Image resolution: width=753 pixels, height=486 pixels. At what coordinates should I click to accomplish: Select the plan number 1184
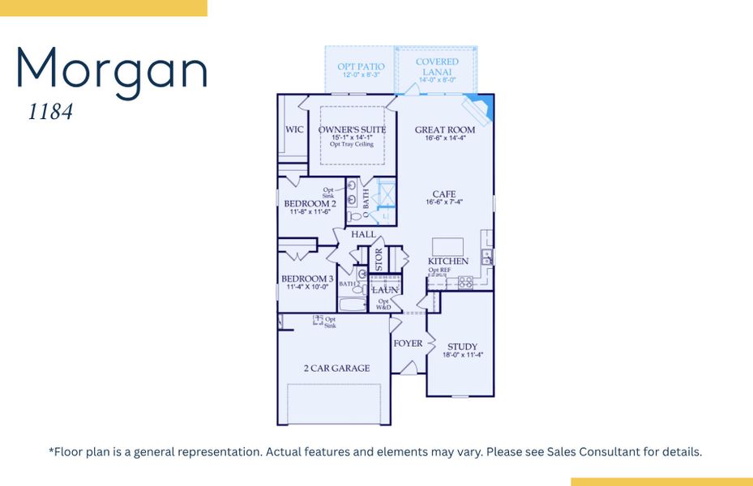[x=50, y=113]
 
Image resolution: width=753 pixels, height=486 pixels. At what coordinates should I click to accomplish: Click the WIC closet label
[x=293, y=130]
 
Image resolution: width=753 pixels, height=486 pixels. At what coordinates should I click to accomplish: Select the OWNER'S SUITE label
[x=352, y=130]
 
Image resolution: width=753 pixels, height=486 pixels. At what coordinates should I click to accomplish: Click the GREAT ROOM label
[x=445, y=130]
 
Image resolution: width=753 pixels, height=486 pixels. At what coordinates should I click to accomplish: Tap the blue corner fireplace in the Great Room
[x=480, y=109]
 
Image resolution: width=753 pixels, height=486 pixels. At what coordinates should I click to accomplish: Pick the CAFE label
[x=443, y=194]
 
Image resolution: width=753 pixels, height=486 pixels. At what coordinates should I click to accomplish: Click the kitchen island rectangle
[x=448, y=246]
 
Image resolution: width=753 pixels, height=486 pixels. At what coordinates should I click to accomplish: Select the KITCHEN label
[x=448, y=262]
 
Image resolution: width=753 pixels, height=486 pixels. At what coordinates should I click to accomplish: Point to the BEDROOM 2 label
[x=310, y=203]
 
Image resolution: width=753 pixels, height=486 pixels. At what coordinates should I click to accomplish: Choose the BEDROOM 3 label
[x=307, y=279]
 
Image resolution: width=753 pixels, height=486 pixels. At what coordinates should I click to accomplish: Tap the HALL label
[x=363, y=234]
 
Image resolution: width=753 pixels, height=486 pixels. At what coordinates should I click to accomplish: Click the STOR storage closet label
[x=379, y=259]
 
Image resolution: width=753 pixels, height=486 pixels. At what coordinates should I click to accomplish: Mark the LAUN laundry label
[x=384, y=289]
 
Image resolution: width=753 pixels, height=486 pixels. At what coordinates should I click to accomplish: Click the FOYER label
[x=408, y=343]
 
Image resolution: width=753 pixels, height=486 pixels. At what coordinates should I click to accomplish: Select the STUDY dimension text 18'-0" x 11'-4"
[x=462, y=355]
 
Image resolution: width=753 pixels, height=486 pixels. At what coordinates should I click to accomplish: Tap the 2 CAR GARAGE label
[x=336, y=368]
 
